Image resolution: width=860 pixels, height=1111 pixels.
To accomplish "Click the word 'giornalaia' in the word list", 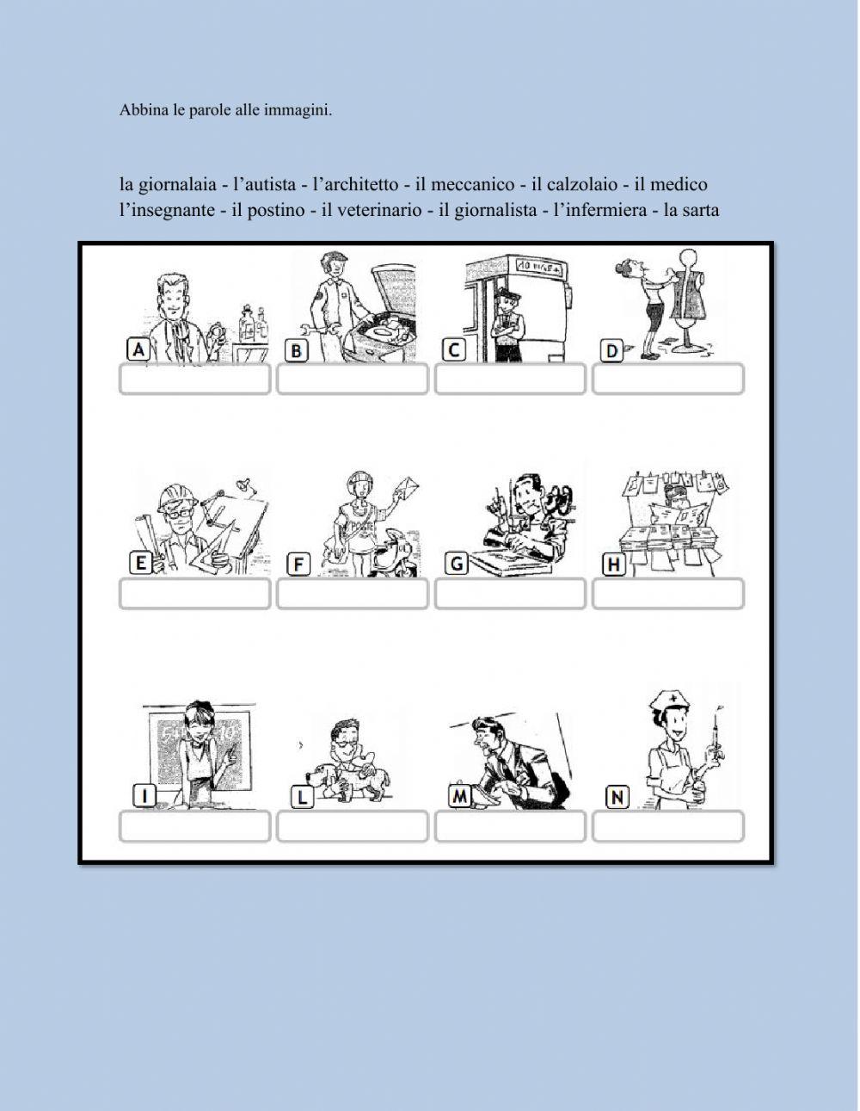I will pyautogui.click(x=177, y=185).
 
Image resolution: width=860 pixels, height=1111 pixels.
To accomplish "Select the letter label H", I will pyautogui.click(x=613, y=565).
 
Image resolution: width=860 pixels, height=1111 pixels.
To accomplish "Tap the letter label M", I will pyautogui.click(x=461, y=797).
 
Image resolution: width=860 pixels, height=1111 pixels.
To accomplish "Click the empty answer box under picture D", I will pyautogui.click(x=668, y=380).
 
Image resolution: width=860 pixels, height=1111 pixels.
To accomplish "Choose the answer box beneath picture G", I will pyautogui.click(x=510, y=594).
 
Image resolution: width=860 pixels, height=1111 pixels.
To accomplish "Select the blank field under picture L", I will pyautogui.click(x=353, y=827).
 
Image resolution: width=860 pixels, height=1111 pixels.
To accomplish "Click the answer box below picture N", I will pyautogui.click(x=668, y=827).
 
